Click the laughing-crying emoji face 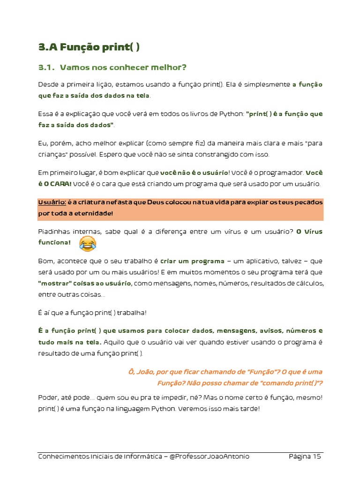tap(88, 243)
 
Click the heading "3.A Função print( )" tap(89, 47)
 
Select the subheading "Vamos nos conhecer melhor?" tap(123, 67)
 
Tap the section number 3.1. tap(47, 67)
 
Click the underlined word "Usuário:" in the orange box tap(52, 202)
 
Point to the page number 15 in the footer tap(316, 456)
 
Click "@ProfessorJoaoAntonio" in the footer tap(210, 456)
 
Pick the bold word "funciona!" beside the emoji tap(54, 242)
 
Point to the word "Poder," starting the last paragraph tap(49, 397)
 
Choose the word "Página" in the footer tap(299, 456)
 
